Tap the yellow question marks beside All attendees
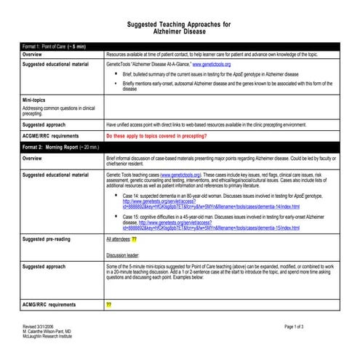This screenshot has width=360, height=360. coord(135,238)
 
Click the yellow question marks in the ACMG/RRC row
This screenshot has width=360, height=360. coord(109,304)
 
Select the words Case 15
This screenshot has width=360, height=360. coord(132,217)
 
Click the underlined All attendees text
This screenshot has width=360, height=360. coord(118,238)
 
